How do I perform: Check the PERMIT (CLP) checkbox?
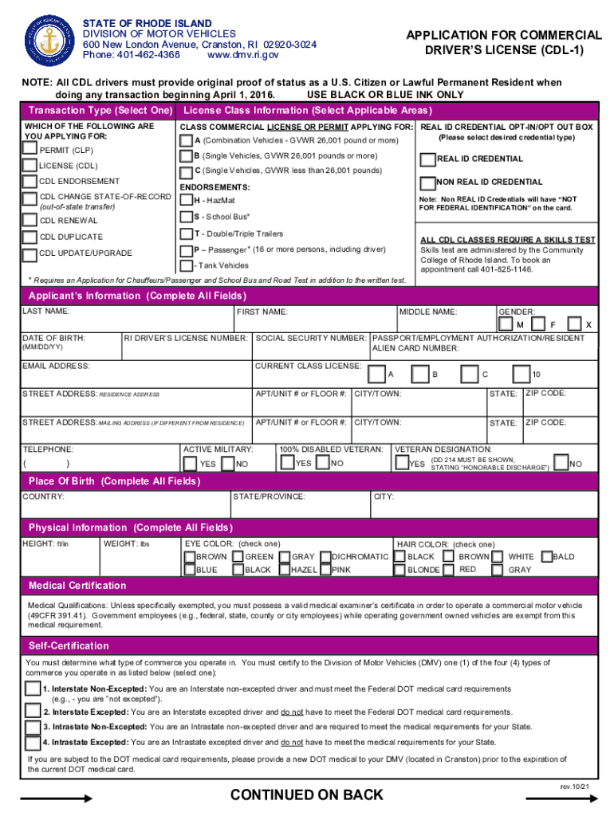click(30, 148)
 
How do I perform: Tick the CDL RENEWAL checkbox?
click(30, 219)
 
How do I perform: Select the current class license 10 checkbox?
click(522, 374)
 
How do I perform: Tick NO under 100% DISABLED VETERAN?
click(323, 463)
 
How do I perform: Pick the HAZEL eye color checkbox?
click(283, 570)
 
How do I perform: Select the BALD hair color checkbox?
click(546, 556)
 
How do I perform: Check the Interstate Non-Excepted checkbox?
click(33, 688)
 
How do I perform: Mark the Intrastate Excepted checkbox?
click(33, 742)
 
